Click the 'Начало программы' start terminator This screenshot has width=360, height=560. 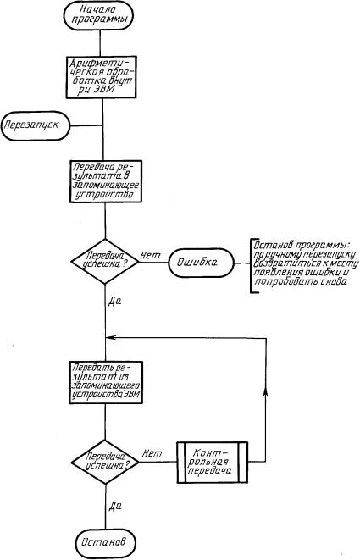(x=99, y=16)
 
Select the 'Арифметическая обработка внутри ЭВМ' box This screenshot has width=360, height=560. (x=101, y=77)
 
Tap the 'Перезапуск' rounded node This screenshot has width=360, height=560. (x=36, y=126)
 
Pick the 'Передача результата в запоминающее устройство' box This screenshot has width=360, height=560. (x=106, y=181)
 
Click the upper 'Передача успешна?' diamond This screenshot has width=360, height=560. (x=105, y=262)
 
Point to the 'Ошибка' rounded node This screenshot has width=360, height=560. (x=201, y=263)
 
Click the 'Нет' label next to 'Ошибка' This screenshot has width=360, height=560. (x=150, y=255)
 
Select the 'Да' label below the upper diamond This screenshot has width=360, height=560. (x=114, y=301)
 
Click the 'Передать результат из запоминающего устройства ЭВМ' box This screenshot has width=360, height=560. (x=106, y=382)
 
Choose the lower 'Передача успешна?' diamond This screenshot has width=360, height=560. (x=105, y=462)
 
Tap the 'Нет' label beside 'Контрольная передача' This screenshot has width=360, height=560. (x=152, y=453)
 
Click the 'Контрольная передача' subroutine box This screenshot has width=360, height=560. (x=212, y=462)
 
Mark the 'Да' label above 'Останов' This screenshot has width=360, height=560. (x=115, y=506)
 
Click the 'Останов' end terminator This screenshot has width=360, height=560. (x=106, y=542)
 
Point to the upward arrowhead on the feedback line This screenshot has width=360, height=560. (x=266, y=391)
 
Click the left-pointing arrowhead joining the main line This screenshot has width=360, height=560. (x=111, y=337)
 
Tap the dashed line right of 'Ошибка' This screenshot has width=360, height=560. (x=242, y=263)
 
